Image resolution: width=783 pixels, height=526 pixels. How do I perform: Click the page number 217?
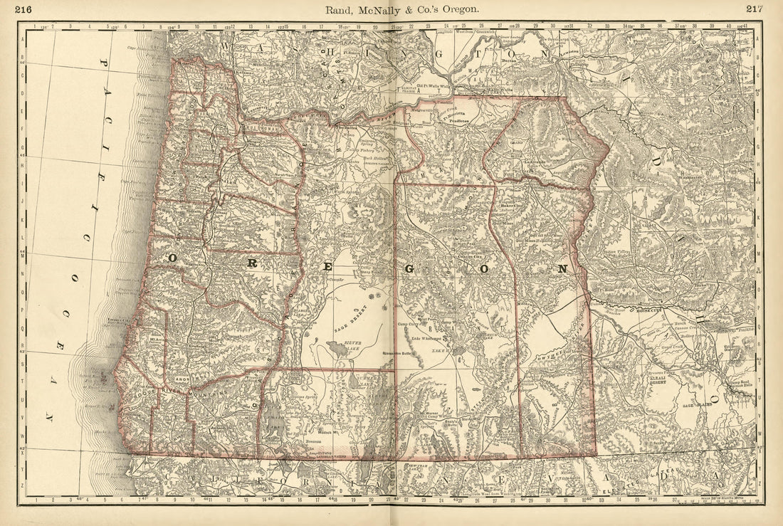click(x=755, y=9)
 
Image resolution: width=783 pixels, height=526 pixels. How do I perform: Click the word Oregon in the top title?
click(x=461, y=9)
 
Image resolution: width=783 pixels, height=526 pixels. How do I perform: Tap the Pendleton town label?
click(x=459, y=122)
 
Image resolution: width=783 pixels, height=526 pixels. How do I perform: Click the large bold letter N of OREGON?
click(x=562, y=269)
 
